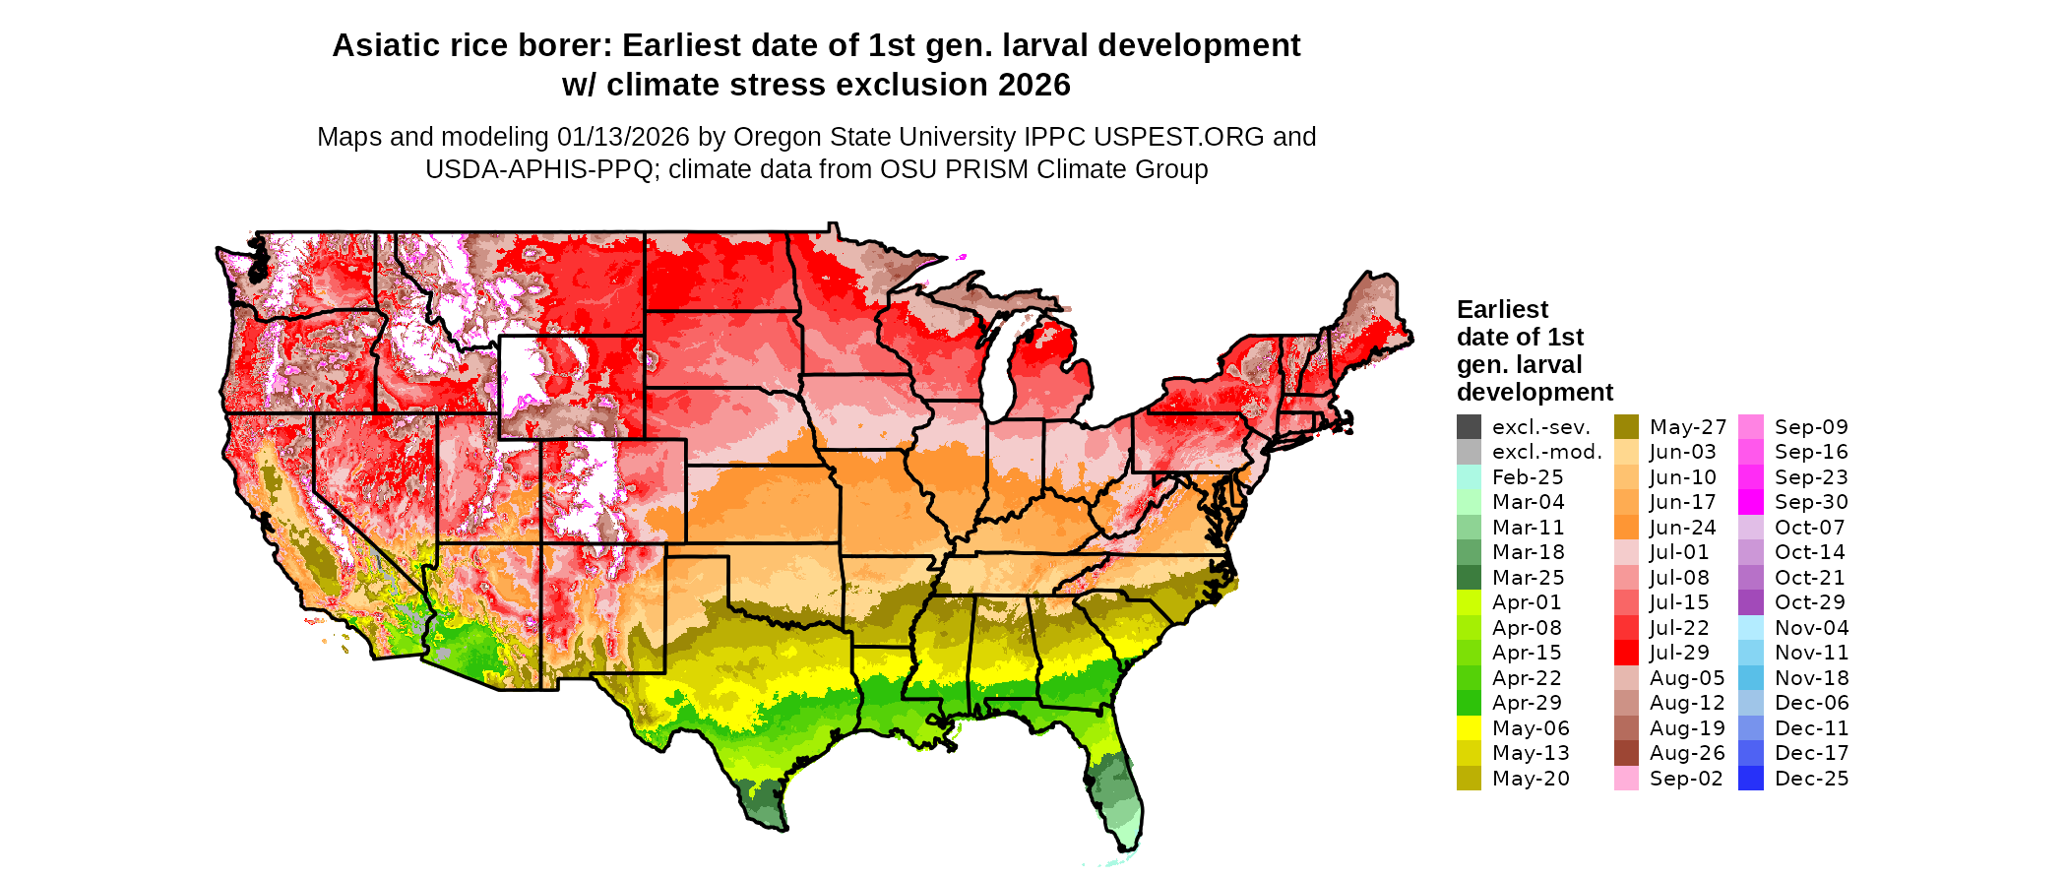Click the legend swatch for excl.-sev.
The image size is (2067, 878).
tap(1469, 427)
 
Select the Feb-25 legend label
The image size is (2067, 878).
tap(1528, 477)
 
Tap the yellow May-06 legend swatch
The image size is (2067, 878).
tap(1469, 728)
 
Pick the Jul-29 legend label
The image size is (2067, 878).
tap(1679, 653)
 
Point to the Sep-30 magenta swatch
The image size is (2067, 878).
tap(1751, 502)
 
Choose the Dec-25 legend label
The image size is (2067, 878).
tap(1811, 779)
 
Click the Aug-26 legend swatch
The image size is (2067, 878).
tap(1626, 753)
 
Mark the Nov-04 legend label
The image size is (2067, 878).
tap(1811, 628)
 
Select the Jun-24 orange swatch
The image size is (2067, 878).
tap(1626, 528)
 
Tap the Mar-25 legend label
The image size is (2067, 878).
tap(1528, 578)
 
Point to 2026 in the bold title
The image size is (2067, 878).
tap(1033, 86)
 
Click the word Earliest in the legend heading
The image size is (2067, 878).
tap(1502, 310)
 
